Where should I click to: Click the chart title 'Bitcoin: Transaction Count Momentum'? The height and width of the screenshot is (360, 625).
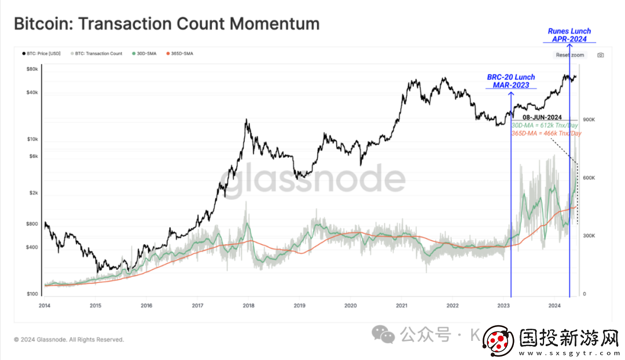167,24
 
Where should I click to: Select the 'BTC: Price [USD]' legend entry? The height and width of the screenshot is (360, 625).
42,54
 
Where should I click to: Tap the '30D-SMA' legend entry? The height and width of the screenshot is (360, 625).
144,54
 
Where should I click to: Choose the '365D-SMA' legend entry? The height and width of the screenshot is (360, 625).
181,54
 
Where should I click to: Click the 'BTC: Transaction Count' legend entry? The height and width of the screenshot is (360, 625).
98,54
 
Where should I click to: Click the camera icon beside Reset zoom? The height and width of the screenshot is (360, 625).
601,55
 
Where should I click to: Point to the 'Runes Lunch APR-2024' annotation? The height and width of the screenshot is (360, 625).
569,35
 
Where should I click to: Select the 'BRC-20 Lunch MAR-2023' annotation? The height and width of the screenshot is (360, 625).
511,81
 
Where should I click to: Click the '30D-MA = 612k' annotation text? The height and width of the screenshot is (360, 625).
545,125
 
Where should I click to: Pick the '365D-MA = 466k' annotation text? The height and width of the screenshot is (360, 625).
546,133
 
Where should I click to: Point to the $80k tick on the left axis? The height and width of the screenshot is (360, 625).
32,69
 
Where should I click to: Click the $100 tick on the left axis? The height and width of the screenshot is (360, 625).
32,294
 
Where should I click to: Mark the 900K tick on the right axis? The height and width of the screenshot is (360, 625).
589,120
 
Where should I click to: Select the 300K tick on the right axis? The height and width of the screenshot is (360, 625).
589,236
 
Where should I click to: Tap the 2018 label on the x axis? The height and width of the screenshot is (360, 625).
248,305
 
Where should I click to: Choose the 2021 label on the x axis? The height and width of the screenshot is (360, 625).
401,305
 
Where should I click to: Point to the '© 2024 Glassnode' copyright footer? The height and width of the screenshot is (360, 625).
69,340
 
